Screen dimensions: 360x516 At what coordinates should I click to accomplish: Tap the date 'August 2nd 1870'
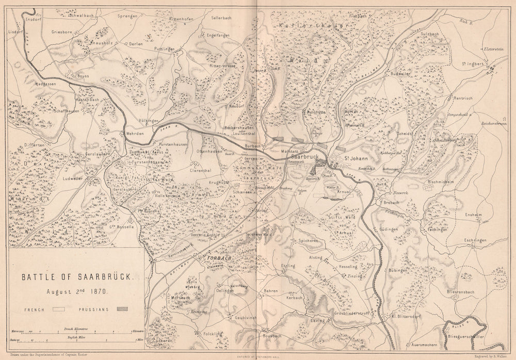click(x=76, y=290)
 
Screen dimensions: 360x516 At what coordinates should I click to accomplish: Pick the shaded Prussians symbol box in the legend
click(x=122, y=310)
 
